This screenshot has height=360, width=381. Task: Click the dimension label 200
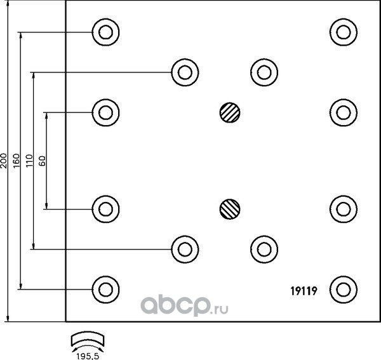[x=4, y=161]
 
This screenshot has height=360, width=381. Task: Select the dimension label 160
[x=17, y=161]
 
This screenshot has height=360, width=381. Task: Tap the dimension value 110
[x=29, y=161]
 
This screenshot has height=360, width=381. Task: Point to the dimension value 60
[x=43, y=161]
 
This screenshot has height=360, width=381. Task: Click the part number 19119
[x=304, y=291]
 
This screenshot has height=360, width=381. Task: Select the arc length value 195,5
[x=88, y=356]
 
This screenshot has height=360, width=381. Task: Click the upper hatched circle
[x=230, y=112]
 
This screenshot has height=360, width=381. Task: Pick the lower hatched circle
[x=230, y=209]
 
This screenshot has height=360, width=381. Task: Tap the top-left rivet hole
[x=105, y=32]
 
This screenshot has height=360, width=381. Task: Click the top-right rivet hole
[x=344, y=32]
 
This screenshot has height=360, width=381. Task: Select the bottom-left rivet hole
[x=105, y=290]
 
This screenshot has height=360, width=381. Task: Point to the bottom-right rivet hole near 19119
[x=344, y=290]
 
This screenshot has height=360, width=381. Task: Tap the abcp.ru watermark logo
[x=184, y=306]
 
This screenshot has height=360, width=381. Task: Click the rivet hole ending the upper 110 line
[x=185, y=72]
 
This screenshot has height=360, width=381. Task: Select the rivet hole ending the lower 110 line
[x=185, y=250]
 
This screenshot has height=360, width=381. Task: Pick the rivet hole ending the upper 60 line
[x=105, y=112]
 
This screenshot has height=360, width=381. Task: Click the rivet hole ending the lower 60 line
[x=105, y=209]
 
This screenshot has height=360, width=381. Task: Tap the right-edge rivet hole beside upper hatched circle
[x=344, y=112]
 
